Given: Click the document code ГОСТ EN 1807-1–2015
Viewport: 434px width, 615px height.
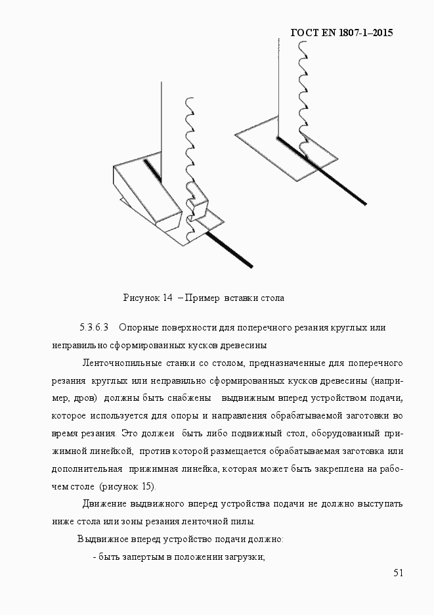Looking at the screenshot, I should click(x=341, y=32).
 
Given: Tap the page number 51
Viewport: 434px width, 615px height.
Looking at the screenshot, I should click(x=398, y=573).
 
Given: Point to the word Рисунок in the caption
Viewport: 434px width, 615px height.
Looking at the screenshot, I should click(x=141, y=298).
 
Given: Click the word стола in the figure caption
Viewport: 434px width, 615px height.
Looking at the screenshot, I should click(x=272, y=298).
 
